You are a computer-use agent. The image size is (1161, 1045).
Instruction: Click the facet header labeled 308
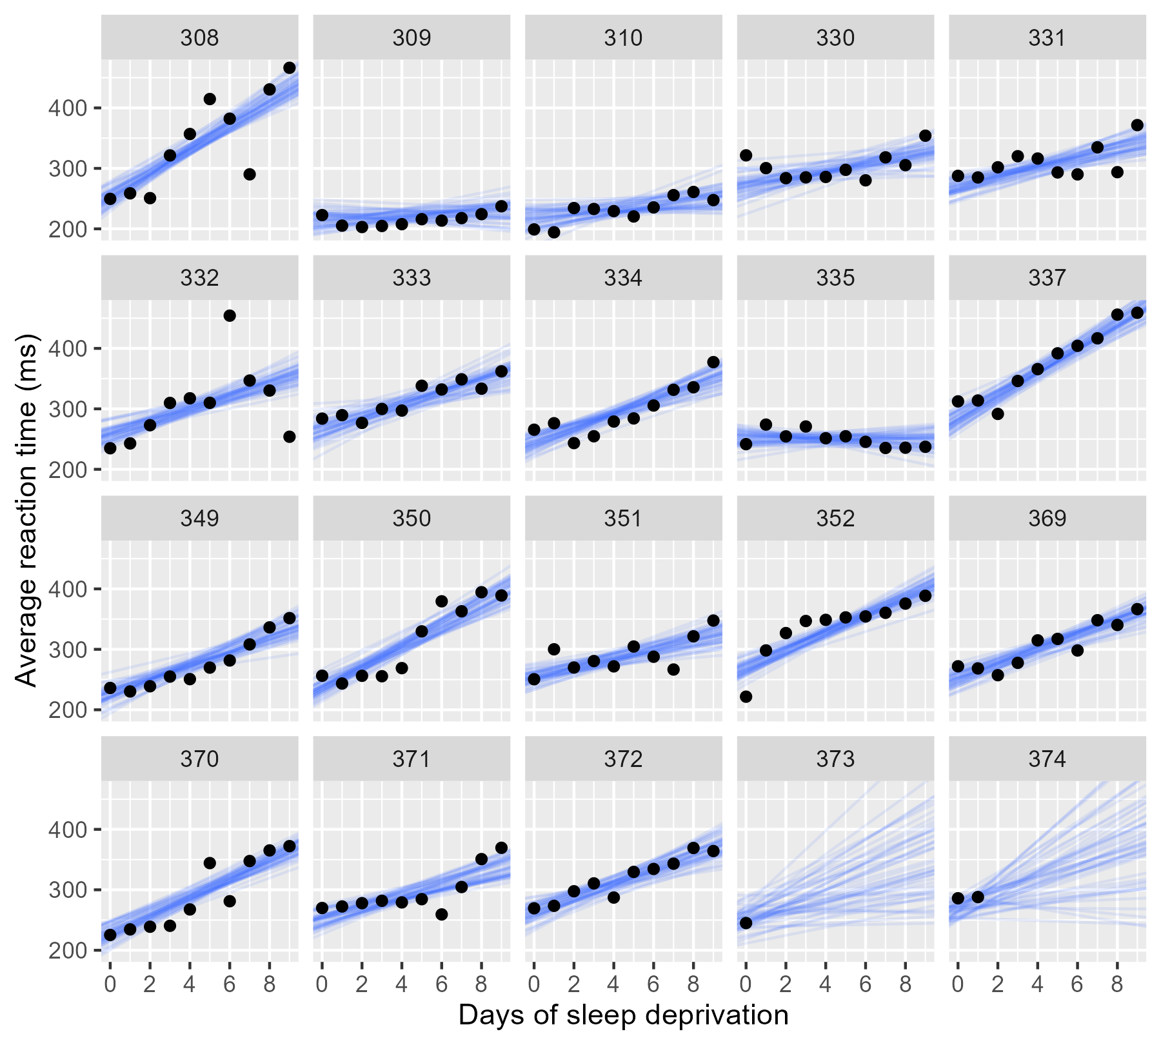pyautogui.click(x=199, y=38)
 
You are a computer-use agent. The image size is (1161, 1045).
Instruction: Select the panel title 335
pyautogui.click(x=835, y=278)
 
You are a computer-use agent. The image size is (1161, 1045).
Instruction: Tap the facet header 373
pyautogui.click(x=835, y=759)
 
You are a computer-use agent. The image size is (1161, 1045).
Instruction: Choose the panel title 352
pyautogui.click(x=835, y=519)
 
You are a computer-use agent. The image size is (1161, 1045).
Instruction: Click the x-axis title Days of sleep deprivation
pyautogui.click(x=623, y=1015)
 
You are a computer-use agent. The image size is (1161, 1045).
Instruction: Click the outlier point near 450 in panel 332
pyautogui.click(x=230, y=315)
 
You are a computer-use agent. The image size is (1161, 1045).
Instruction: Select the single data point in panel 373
pyautogui.click(x=746, y=922)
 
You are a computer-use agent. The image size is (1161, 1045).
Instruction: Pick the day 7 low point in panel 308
pyautogui.click(x=250, y=174)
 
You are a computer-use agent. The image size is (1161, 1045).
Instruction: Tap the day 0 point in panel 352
pyautogui.click(x=746, y=697)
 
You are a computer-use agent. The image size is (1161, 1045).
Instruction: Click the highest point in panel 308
pyautogui.click(x=290, y=68)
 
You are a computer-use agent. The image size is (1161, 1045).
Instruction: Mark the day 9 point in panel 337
pyautogui.click(x=1137, y=313)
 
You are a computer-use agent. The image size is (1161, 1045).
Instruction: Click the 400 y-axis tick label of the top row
pyautogui.click(x=67, y=108)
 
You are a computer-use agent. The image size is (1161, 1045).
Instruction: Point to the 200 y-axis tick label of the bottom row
pyautogui.click(x=67, y=950)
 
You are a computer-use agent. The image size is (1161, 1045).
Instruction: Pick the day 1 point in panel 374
pyautogui.click(x=978, y=897)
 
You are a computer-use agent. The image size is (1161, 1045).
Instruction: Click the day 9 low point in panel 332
pyautogui.click(x=290, y=437)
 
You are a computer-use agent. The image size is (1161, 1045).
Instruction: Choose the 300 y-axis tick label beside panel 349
pyautogui.click(x=67, y=650)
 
